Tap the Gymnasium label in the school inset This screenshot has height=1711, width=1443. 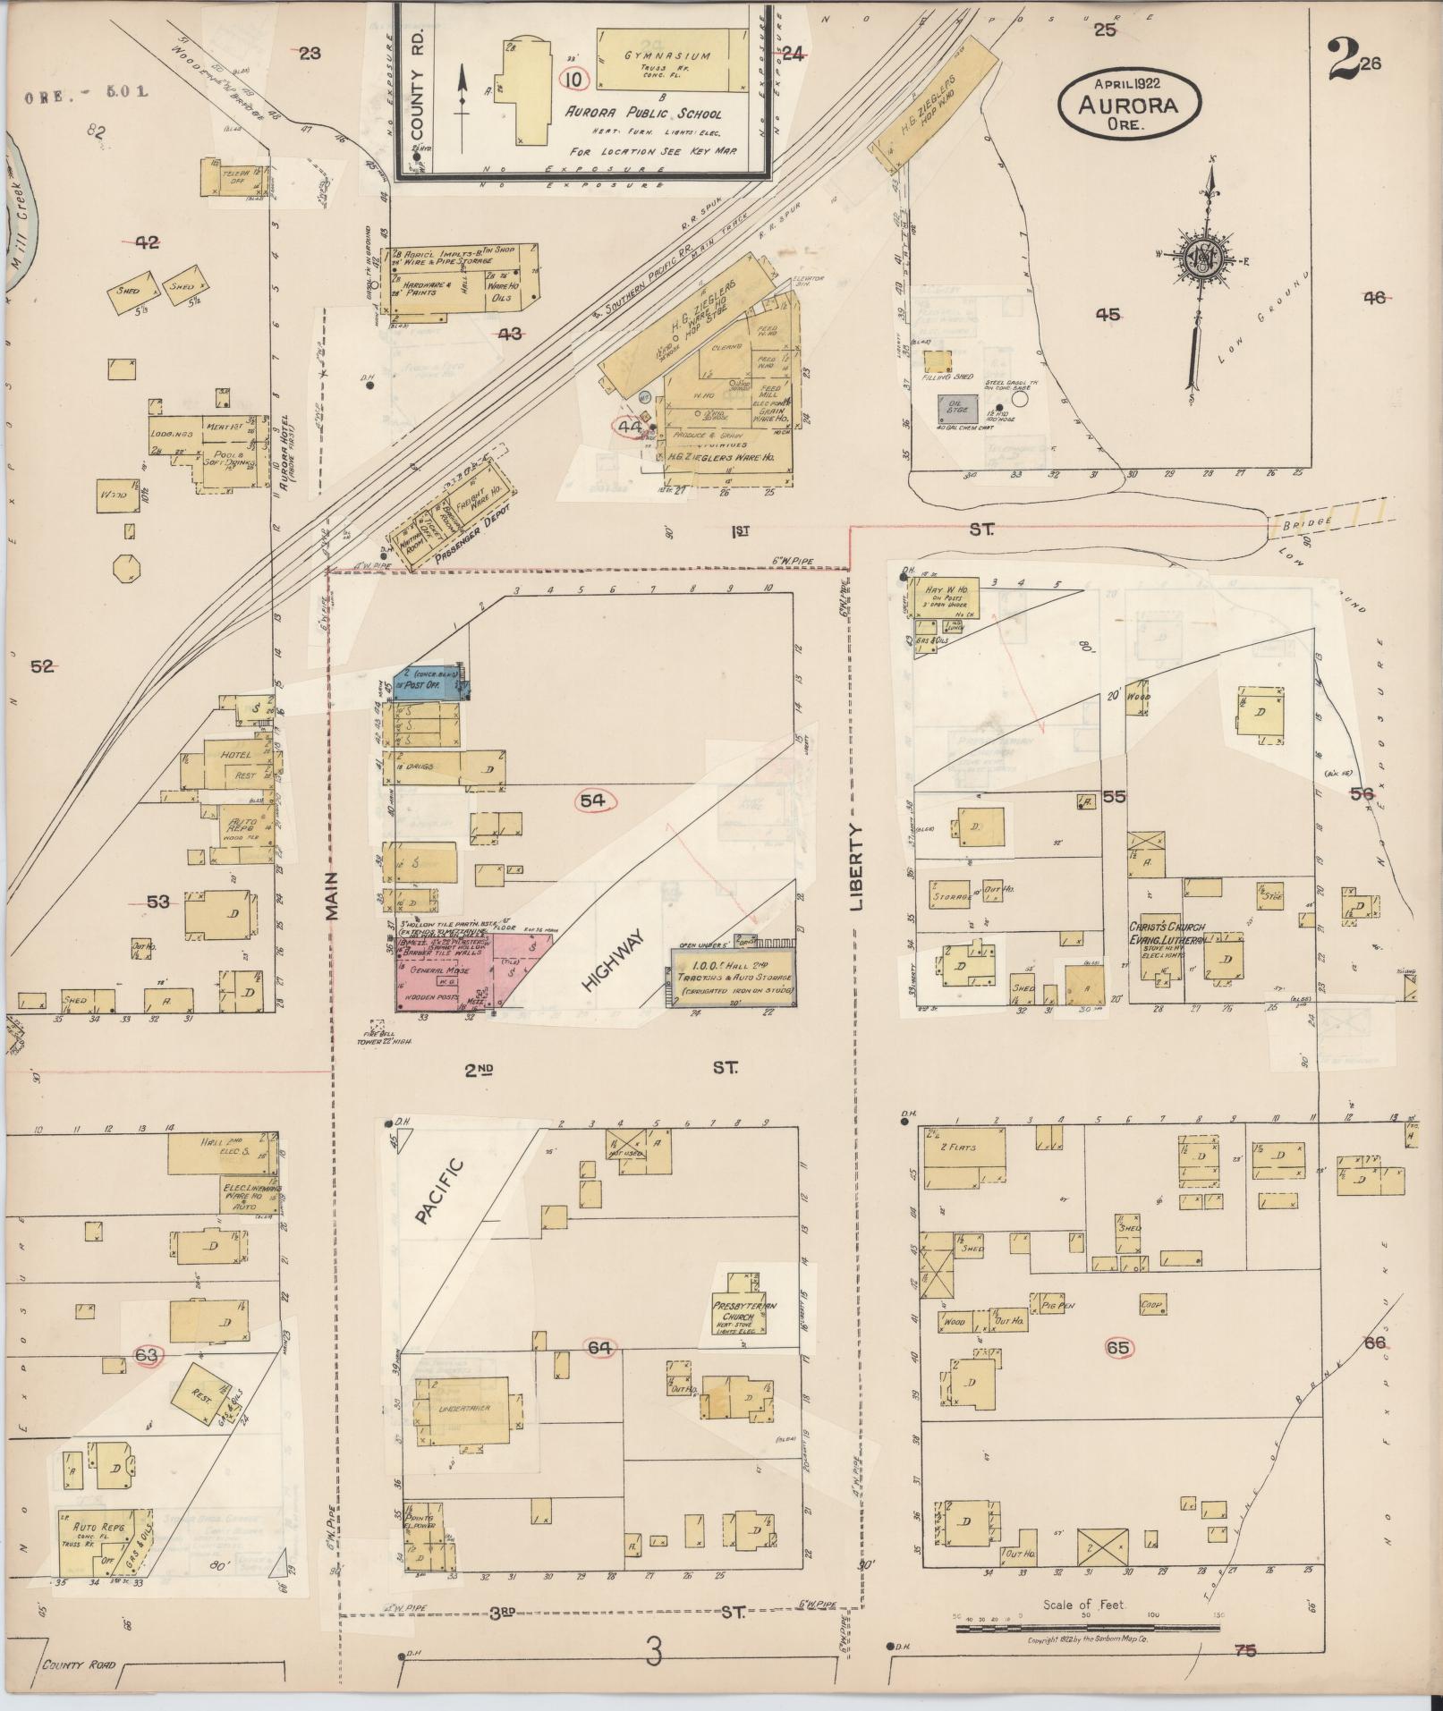click(667, 55)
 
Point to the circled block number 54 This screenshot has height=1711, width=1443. click(592, 800)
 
